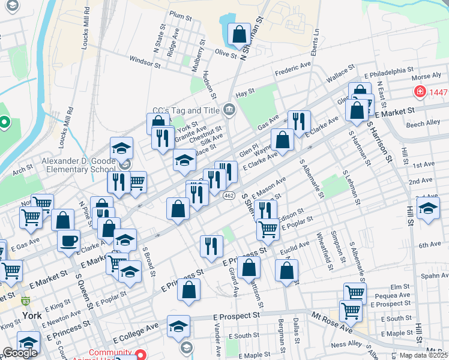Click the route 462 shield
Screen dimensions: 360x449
coord(228,196)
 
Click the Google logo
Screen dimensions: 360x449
coord(19,353)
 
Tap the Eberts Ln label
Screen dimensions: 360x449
coord(315,41)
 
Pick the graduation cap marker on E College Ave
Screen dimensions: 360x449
coord(178,326)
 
